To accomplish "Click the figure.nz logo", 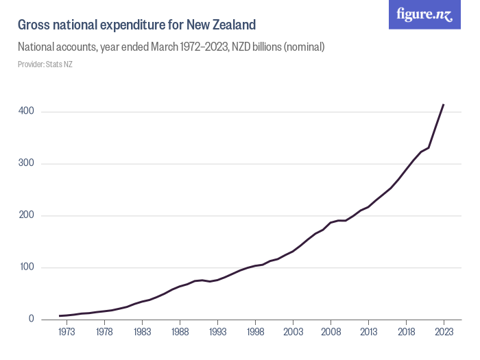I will (424, 15).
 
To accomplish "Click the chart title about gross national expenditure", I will (136, 25).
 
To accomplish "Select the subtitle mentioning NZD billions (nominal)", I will (171, 47).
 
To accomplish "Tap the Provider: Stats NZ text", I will (45, 64).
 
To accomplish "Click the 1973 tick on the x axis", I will (67, 332).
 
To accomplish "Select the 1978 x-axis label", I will (104, 332).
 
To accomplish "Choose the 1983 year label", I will (142, 332).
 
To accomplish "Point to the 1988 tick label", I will (180, 332).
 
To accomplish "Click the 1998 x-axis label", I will (255, 332).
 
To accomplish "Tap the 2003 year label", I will (293, 332).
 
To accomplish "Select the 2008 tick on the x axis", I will (331, 332).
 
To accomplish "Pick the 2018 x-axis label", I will (406, 332).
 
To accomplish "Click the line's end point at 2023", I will (444, 105).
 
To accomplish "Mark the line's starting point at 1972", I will (60, 316).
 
